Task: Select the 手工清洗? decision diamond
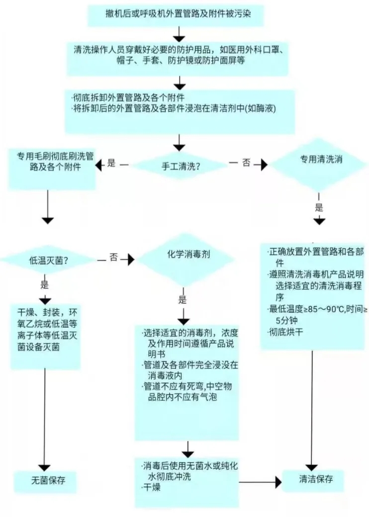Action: (x=181, y=167)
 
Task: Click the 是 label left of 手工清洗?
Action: (x=111, y=163)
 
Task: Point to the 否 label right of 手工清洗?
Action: (x=246, y=163)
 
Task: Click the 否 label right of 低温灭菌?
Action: (x=114, y=259)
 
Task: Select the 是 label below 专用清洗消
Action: (x=319, y=207)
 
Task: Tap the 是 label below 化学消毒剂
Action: (x=183, y=300)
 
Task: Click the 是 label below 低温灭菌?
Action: (x=44, y=285)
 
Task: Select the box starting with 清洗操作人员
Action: (x=178, y=55)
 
